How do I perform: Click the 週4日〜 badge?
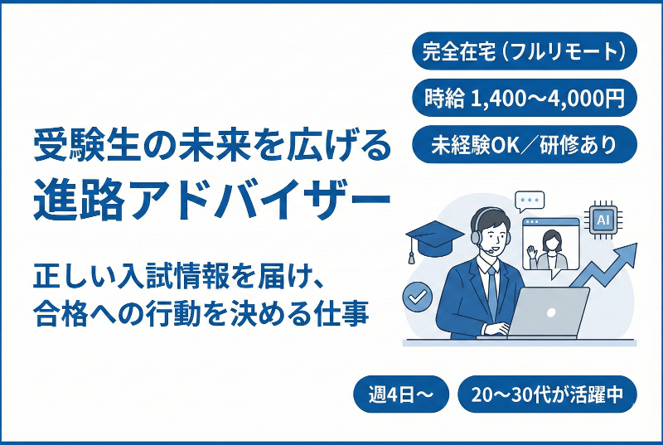coord(401,394)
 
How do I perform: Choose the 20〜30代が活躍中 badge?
coord(546,394)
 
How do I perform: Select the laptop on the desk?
coord(546,311)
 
